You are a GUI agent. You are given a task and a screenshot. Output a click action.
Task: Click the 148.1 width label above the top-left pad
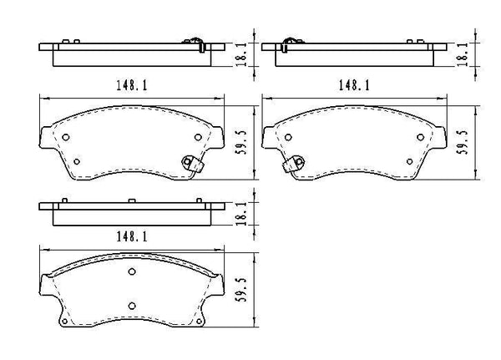pyautogui.click(x=133, y=84)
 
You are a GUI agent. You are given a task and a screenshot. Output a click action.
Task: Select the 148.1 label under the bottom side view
pyautogui.click(x=133, y=237)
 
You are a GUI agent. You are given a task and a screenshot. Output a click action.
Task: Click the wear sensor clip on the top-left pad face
pyautogui.click(x=195, y=163)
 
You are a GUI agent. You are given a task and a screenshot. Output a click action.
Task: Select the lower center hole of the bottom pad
pyautogui.click(x=132, y=307)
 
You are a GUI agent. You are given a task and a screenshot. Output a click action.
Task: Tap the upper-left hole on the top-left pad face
pyautogui.click(x=68, y=139)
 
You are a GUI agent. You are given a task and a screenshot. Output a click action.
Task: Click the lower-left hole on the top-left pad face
pyautogui.click(x=76, y=161)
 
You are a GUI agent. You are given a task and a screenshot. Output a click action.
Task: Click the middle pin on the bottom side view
pyautogui.click(x=132, y=200)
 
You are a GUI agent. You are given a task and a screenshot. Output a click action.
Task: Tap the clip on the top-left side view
pyautogui.click(x=191, y=39)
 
